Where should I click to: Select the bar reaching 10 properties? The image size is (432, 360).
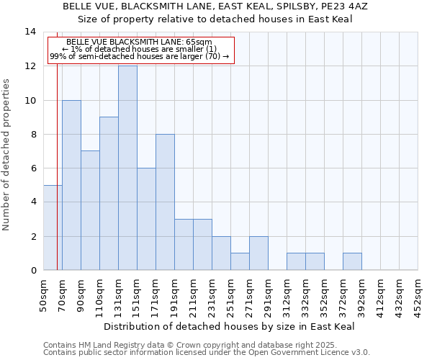[71, 185]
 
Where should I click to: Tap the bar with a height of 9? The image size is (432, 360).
[109, 194]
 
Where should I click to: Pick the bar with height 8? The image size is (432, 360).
[165, 202]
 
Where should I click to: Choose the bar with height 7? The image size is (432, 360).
[90, 210]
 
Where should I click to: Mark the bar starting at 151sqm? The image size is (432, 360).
[146, 219]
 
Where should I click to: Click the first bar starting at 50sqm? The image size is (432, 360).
[53, 228]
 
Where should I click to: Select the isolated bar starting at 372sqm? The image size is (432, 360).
[352, 262]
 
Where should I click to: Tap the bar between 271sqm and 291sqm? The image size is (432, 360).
[258, 253]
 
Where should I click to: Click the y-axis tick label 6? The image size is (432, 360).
[32, 168]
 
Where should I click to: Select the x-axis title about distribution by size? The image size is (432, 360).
[230, 326]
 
